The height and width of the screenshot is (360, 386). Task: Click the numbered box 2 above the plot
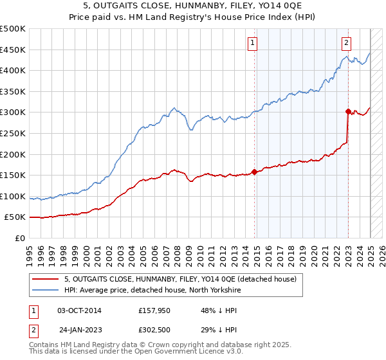(346, 43)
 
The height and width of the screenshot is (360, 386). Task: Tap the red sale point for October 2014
(255, 172)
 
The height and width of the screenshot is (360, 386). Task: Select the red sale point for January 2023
(348, 111)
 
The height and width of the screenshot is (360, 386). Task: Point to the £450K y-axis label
(14, 50)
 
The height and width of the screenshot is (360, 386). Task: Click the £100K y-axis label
(14, 196)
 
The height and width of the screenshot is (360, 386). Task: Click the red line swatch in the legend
(44, 279)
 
